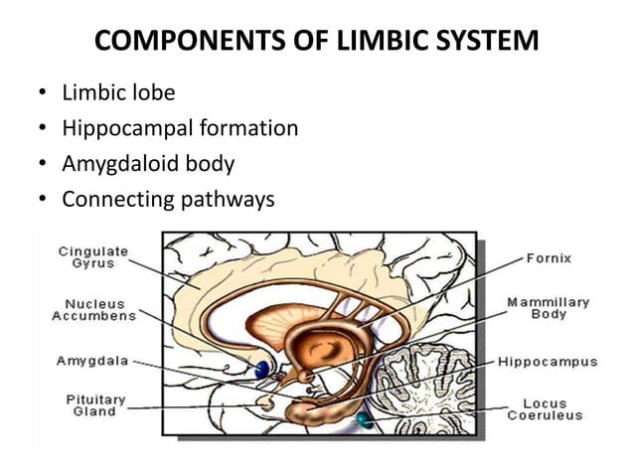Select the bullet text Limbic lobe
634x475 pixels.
click(x=118, y=93)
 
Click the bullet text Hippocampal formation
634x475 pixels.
click(x=180, y=129)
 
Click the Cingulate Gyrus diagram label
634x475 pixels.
click(x=91, y=256)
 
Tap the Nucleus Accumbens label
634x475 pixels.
click(x=94, y=309)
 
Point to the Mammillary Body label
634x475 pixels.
click(x=548, y=308)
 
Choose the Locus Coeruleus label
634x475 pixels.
click(x=545, y=409)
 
